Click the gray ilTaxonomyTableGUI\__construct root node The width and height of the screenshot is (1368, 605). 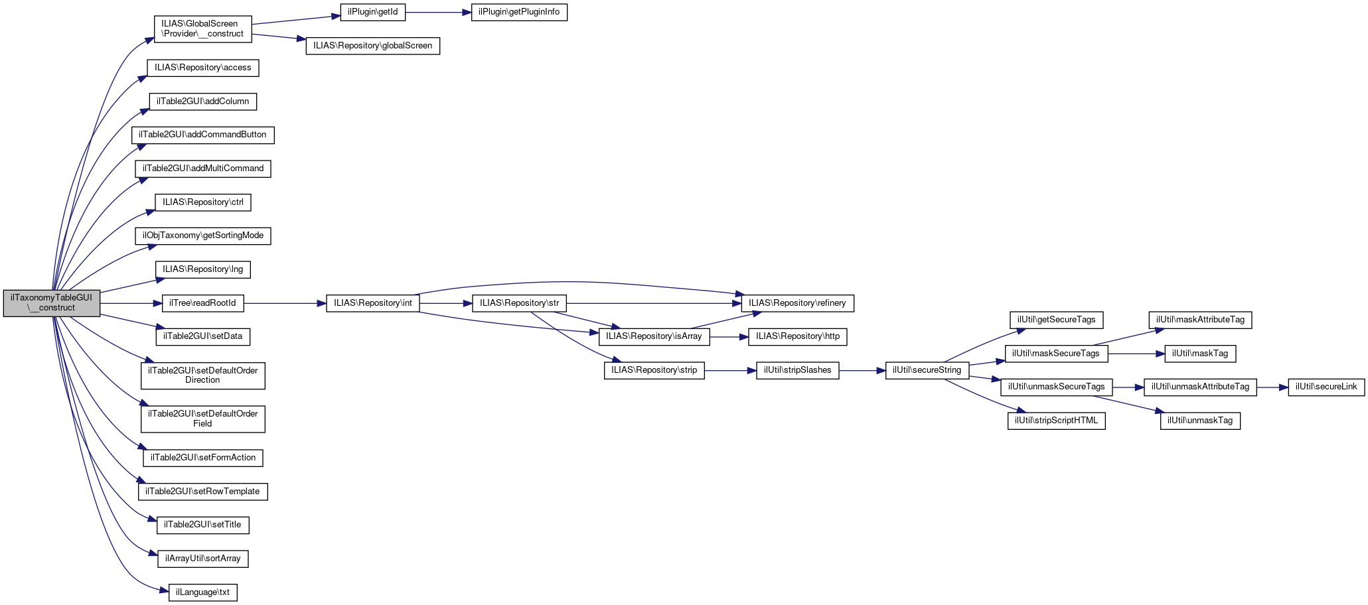52,302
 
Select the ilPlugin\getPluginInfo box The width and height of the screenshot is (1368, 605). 519,12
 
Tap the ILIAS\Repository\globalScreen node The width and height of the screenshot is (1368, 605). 372,46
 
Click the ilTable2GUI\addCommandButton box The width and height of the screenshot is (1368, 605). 202,135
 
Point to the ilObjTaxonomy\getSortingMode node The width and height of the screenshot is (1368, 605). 202,235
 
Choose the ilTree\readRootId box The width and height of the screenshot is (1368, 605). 202,303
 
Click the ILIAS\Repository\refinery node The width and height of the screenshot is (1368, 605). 797,303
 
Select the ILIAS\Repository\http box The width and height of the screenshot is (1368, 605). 797,336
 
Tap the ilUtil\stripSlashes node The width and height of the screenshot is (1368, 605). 797,370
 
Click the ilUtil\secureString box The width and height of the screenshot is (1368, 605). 927,370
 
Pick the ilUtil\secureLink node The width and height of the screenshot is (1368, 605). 1326,387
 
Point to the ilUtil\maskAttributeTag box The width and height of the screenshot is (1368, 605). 1200,320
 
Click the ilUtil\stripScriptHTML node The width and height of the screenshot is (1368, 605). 1056,421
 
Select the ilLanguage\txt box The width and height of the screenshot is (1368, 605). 202,592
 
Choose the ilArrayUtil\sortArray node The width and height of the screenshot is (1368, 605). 202,559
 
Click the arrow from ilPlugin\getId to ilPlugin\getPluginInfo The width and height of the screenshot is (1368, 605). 437,12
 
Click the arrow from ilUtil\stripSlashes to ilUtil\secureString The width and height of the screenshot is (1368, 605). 862,370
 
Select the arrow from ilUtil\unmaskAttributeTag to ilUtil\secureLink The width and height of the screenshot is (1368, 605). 1272,387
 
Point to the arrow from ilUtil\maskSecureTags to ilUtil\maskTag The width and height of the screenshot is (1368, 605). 1136,354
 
